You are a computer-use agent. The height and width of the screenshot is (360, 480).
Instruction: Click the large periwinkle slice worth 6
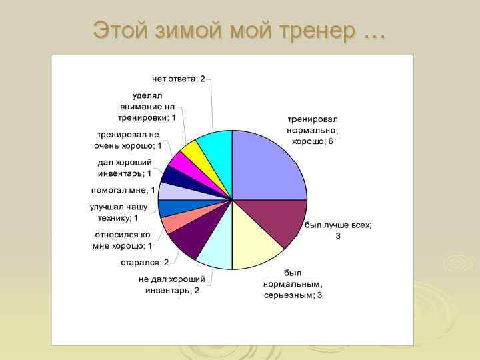[267, 163]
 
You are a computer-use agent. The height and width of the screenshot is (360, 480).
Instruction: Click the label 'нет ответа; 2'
[178, 79]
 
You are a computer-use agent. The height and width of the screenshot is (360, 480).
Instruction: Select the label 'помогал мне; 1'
[123, 190]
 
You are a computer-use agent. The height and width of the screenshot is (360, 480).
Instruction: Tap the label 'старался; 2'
[145, 262]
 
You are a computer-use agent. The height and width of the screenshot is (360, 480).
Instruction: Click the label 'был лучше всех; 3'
[338, 231]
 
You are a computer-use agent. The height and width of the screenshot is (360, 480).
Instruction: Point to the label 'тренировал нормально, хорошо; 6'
[317, 130]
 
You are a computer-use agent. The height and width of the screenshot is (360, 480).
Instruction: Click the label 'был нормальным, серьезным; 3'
[292, 284]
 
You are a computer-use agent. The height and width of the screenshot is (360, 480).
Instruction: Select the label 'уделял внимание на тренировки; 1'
[147, 106]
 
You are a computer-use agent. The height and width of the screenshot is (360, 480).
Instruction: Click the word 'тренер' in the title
[313, 30]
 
